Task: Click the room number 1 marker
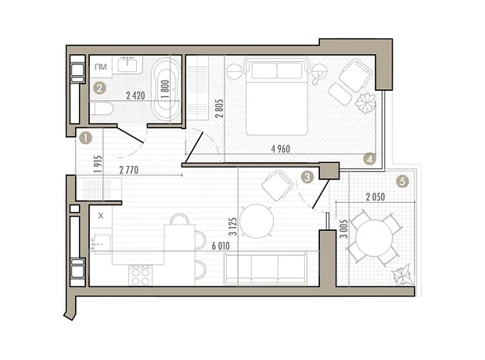pos(86,138)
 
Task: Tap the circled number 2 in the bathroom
pos(99,88)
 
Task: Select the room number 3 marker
pos(307,177)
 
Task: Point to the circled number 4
pos(369,159)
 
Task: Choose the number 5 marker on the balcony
pos(402,181)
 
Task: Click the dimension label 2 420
pos(135,95)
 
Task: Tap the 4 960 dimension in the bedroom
pos(281,149)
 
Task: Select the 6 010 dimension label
pos(221,246)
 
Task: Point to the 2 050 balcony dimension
pos(375,197)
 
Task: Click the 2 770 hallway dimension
pos(128,170)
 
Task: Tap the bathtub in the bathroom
pos(166,89)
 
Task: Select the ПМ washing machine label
pos(101,67)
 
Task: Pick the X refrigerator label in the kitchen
pos(101,216)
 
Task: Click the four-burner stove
pos(140,275)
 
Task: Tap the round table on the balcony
pos(374,238)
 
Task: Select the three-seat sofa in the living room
pos(266,268)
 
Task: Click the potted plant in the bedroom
pos(365,103)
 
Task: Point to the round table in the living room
pos(257,221)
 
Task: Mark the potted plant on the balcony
pos(403,275)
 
